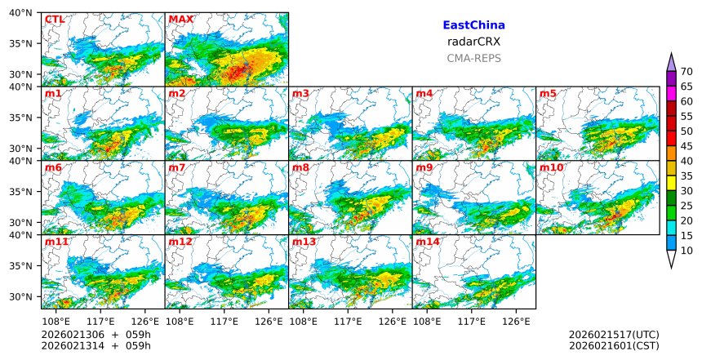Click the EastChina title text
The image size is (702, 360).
473,25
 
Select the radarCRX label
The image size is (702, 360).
473,42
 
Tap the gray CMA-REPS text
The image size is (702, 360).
473,58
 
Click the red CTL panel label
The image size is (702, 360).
55,20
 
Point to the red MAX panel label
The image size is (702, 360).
180,20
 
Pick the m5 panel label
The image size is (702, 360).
549,94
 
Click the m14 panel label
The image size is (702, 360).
427,242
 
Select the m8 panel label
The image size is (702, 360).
300,168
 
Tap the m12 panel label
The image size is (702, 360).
180,242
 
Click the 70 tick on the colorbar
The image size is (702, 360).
686,72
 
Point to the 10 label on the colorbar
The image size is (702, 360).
686,251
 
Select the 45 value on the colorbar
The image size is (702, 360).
686,146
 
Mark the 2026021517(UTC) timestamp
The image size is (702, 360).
613,335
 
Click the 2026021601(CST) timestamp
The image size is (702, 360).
613,346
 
